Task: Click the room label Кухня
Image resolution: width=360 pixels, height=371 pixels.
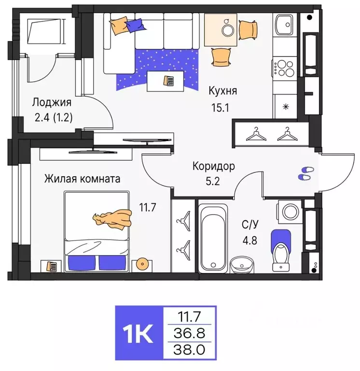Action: tap(222, 90)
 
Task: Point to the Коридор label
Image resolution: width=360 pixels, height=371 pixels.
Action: tap(214, 167)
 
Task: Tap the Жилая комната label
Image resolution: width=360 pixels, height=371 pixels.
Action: tap(82, 179)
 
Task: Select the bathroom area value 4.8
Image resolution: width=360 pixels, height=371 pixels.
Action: tap(249, 240)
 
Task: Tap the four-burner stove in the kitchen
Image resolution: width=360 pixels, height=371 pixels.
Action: tap(285, 68)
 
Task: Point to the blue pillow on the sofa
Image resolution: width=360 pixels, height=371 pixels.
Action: tap(135, 24)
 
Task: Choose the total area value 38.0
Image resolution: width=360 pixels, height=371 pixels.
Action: tap(189, 349)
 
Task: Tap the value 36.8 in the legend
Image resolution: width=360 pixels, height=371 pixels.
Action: tap(189, 333)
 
